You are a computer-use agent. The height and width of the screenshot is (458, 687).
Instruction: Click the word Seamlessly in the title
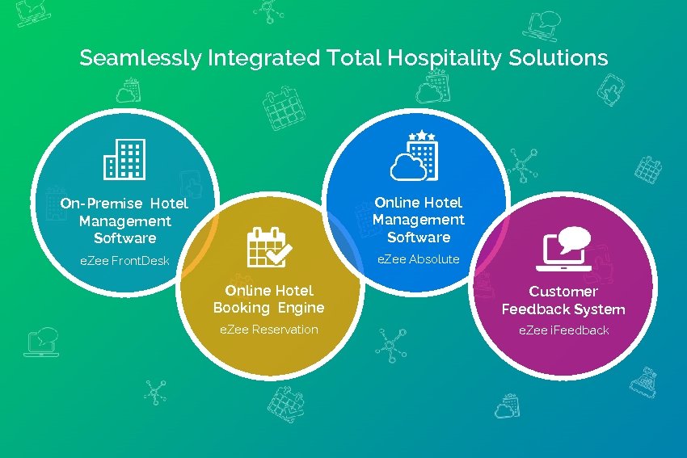click(x=141, y=59)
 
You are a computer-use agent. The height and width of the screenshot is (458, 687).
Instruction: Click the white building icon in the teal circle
click(x=124, y=158)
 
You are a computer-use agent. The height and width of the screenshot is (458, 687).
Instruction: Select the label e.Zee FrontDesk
click(x=124, y=261)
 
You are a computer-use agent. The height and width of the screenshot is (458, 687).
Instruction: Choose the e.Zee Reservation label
click(x=269, y=330)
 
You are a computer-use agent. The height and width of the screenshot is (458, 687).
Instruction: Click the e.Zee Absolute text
click(x=419, y=259)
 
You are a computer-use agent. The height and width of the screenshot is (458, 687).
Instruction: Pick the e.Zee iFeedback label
click(x=563, y=330)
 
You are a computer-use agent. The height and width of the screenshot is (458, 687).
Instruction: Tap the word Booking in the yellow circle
click(x=241, y=308)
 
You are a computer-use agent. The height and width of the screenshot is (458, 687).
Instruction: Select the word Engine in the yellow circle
click(x=301, y=308)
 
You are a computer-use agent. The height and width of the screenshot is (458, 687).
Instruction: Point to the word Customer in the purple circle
click(x=563, y=292)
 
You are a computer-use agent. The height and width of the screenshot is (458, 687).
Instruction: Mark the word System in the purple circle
click(x=597, y=309)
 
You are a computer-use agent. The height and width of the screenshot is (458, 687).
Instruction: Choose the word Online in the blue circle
click(x=396, y=203)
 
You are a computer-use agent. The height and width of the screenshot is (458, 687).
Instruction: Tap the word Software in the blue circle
click(x=419, y=237)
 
